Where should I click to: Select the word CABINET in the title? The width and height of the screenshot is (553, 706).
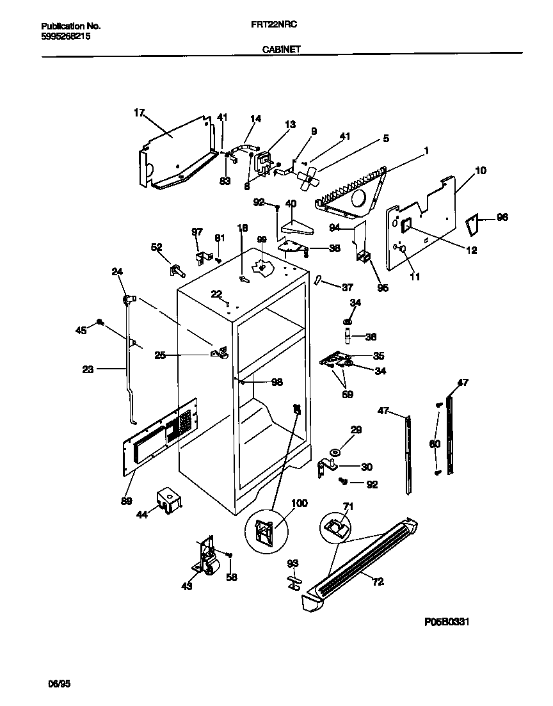click(x=281, y=49)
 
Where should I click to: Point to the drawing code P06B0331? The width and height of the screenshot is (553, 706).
click(x=447, y=622)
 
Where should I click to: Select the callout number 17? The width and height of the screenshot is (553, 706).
click(x=140, y=113)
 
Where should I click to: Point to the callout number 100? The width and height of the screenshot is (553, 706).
click(x=299, y=503)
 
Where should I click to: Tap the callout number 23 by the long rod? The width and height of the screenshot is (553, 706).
click(x=88, y=368)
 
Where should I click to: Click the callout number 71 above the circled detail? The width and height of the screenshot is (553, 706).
click(x=348, y=507)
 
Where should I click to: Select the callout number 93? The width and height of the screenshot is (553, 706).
click(x=293, y=563)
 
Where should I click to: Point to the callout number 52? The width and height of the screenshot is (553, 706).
click(x=156, y=246)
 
